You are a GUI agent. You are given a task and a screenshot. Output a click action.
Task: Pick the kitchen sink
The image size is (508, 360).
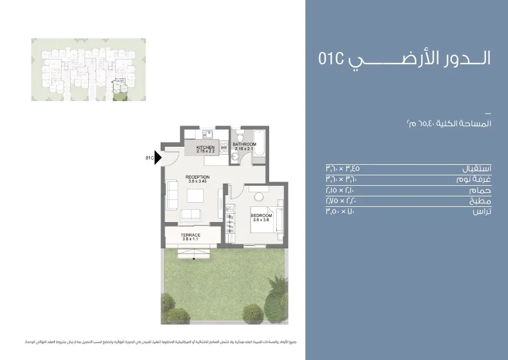[223, 146]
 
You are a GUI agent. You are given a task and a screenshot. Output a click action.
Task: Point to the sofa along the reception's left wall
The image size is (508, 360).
[172, 195]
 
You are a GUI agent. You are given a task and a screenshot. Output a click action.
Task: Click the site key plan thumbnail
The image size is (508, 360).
[88, 70]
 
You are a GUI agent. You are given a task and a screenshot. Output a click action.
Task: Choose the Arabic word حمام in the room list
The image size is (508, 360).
[478, 191]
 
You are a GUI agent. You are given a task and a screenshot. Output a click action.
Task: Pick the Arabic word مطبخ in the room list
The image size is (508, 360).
[478, 201]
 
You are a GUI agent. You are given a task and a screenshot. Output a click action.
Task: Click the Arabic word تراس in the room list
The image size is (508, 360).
[481, 212]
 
